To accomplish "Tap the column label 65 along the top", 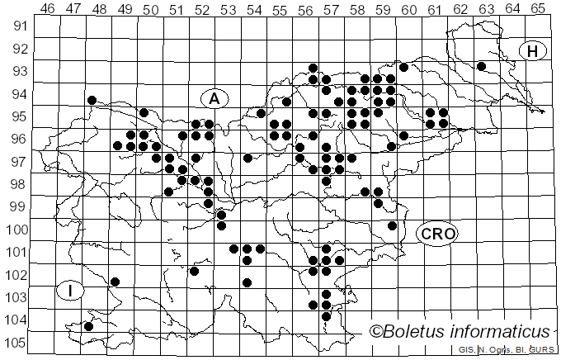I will point(538,9).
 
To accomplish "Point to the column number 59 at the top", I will point(383,9).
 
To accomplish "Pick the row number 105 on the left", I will point(17,343).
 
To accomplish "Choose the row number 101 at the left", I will point(17,252).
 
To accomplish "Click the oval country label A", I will point(214,98).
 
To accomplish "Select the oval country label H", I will point(533,51).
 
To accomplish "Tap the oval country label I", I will point(71,290).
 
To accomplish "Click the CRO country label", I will point(437,234).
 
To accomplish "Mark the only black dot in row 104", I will point(88,326).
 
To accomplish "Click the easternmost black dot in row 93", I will point(481,66).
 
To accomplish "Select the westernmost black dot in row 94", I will point(92,100).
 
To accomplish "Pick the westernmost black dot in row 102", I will point(115,282).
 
